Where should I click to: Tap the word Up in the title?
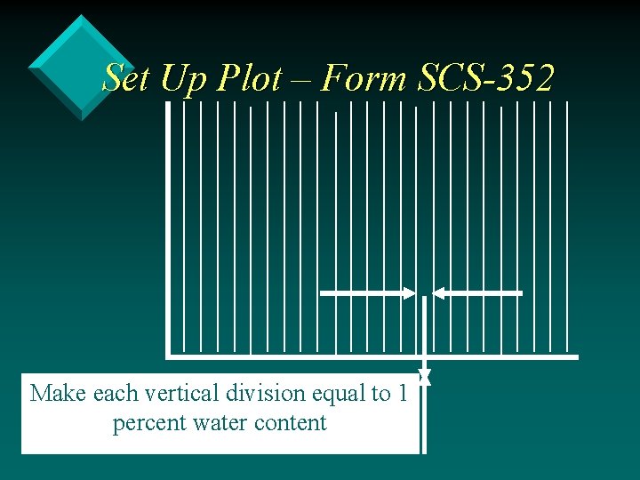click(x=181, y=77)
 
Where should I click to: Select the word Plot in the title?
click(x=248, y=77)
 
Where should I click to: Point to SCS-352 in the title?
click(x=484, y=77)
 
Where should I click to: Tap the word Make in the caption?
click(x=59, y=393)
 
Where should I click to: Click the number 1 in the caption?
click(x=402, y=393)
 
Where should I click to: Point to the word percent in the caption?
click(x=148, y=423)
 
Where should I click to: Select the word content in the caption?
click(x=291, y=423)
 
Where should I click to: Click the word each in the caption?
click(x=114, y=393)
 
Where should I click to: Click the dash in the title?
click(x=300, y=79)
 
